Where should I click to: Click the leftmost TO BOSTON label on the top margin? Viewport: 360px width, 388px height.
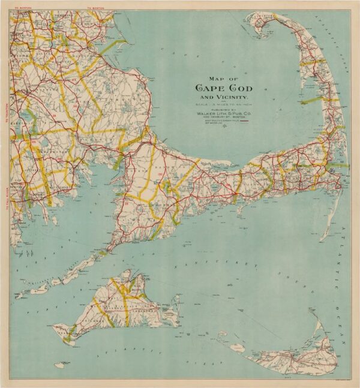tap(23, 7)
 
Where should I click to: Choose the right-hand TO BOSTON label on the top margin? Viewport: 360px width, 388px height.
tap(95, 7)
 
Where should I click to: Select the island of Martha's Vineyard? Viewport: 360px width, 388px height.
tap(117, 306)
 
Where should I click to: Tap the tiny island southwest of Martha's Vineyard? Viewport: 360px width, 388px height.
tap(59, 364)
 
